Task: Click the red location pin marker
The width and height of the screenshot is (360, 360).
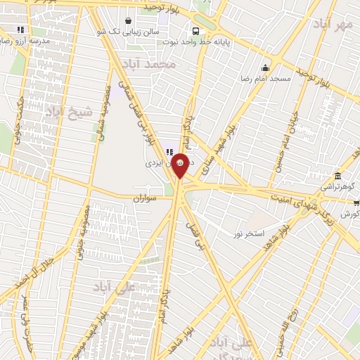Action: pos(180,165)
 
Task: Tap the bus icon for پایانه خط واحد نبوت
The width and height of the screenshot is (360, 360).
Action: pos(196,32)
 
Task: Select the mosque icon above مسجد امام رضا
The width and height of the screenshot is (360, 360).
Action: pos(265,68)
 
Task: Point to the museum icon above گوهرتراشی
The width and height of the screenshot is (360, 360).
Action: pos(338,176)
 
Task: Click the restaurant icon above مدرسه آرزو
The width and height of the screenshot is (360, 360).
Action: pos(20,30)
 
